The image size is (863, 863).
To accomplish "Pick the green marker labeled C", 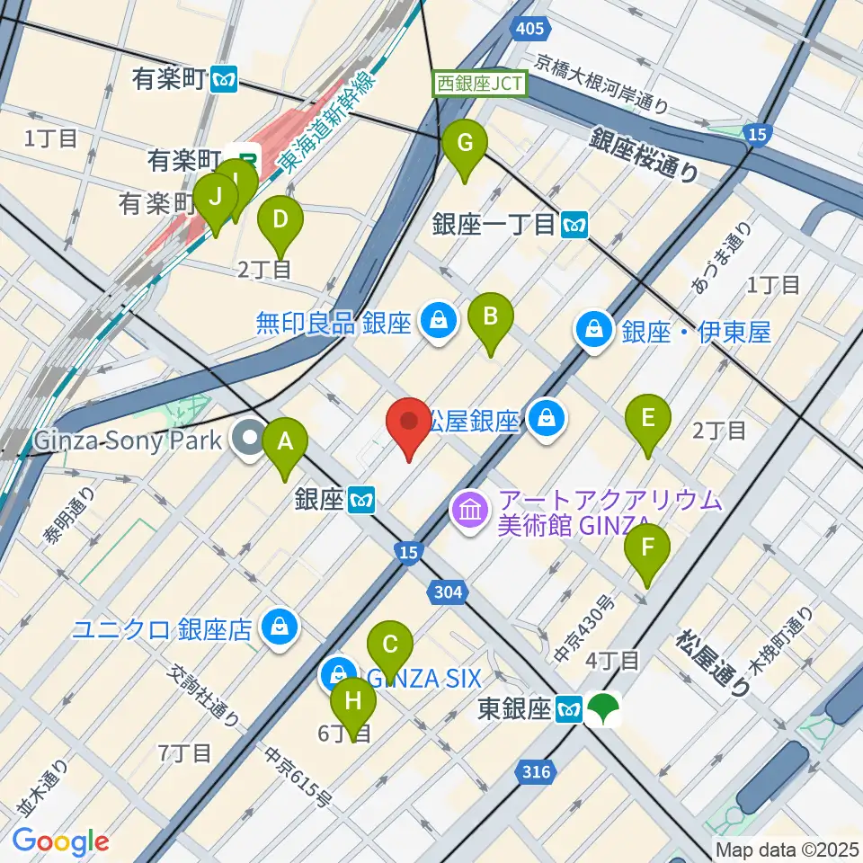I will click(x=390, y=645).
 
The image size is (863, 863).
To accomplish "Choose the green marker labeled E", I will click(x=648, y=419).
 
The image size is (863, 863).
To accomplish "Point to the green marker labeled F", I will click(x=646, y=548).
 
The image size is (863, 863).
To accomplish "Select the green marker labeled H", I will click(x=352, y=702).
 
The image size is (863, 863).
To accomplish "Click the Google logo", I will click(x=60, y=842).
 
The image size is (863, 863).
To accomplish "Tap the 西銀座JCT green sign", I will click(x=481, y=84).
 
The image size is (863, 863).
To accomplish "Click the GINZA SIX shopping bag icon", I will click(x=339, y=674).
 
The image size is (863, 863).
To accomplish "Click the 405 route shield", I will click(x=529, y=31).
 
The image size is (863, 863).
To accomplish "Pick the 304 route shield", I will click(x=447, y=592).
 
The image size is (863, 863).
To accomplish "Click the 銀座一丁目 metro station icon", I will click(x=574, y=224).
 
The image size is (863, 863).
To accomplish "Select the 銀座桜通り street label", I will click(x=645, y=155).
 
